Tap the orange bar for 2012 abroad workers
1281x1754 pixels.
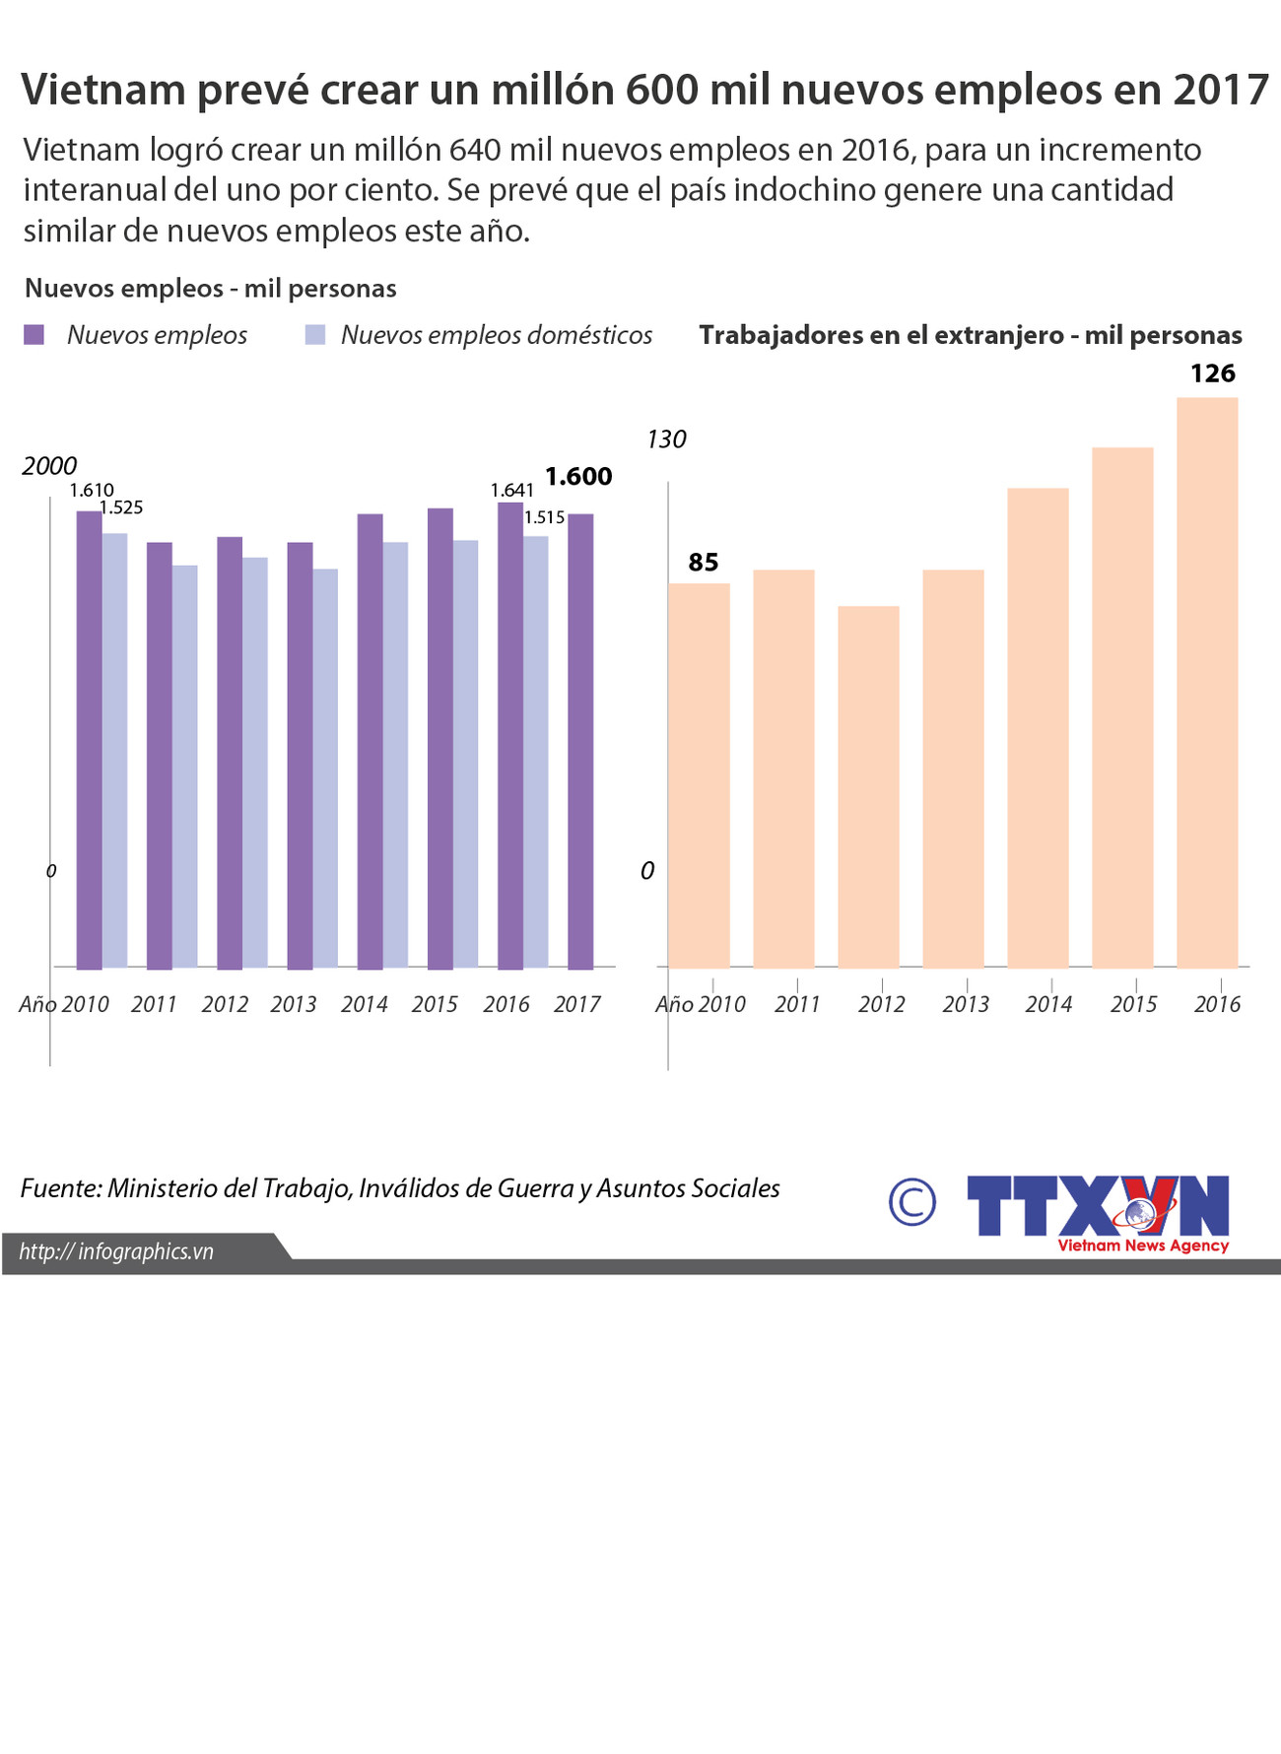(868, 785)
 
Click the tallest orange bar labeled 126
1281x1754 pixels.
(1207, 682)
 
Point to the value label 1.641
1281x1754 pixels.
(512, 490)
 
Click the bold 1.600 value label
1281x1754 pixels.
(578, 477)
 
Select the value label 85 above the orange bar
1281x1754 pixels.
(704, 563)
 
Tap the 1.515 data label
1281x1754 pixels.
(544, 517)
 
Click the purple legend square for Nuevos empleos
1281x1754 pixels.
(34, 335)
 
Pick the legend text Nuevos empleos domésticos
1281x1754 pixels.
(497, 335)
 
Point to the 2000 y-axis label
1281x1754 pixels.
(49, 466)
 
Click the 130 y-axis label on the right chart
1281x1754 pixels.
(666, 439)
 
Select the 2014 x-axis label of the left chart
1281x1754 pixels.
(365, 1004)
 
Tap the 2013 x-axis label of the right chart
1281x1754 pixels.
(966, 1004)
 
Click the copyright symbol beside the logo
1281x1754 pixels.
(912, 1201)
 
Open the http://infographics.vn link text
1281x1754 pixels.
(116, 1251)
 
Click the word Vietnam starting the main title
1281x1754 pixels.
(103, 90)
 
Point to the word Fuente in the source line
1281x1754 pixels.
(59, 1188)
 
